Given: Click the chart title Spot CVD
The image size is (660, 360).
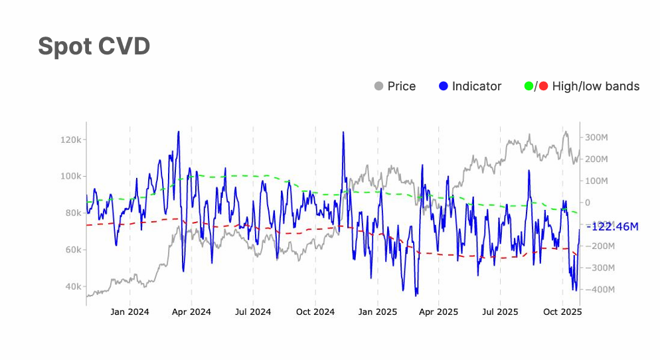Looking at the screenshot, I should [x=94, y=46].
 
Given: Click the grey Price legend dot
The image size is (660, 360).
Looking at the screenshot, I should [x=379, y=86].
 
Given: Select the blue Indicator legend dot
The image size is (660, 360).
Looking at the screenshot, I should [x=444, y=86].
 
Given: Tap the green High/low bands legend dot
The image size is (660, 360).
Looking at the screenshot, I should [x=529, y=86].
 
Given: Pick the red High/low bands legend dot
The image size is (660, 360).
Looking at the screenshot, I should [x=543, y=86].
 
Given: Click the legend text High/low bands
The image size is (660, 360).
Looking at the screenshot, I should [x=596, y=86].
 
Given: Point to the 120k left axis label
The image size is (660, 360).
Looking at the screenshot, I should [x=70, y=140].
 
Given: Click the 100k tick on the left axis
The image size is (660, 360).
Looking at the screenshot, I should [x=70, y=177].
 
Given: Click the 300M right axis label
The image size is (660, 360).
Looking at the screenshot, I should [x=596, y=137].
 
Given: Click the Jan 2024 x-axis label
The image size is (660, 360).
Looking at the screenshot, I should [x=129, y=312].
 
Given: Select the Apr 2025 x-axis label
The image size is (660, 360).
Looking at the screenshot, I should [x=439, y=312].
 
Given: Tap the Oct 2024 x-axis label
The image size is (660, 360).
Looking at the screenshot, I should [x=315, y=312].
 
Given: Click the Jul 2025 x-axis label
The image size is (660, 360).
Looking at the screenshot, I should [x=499, y=312].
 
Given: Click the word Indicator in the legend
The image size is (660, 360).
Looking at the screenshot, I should [x=477, y=86].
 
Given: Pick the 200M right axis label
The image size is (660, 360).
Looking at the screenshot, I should [x=596, y=159].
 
